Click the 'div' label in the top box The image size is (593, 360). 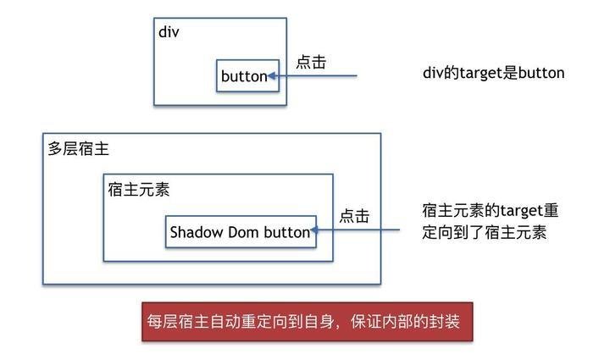coord(169,32)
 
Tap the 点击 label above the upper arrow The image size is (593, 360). coord(311,62)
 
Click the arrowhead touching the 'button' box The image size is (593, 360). coord(272,76)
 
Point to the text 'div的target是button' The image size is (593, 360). coord(494,73)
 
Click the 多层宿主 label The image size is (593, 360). coord(78,148)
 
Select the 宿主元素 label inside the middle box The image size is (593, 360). coord(139,190)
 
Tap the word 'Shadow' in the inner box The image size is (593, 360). coord(197,232)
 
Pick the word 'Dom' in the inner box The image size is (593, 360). coord(243,232)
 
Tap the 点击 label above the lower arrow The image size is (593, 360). coord(354,216)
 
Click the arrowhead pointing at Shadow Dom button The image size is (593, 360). coord(314,230)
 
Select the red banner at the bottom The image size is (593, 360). coord(308,321)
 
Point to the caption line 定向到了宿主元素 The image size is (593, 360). coord(485,232)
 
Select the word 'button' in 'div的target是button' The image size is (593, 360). coord(541,73)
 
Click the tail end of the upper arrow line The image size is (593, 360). coord(357,76)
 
